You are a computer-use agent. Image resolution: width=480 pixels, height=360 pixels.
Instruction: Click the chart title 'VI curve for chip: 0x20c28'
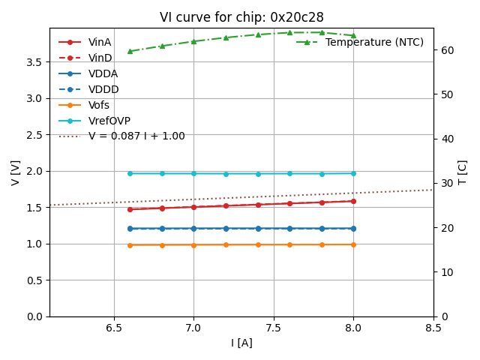[x=241, y=17]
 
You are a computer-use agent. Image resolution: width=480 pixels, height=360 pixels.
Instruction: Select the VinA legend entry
[x=100, y=42]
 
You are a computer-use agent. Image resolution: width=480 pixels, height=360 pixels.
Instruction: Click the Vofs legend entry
[x=100, y=105]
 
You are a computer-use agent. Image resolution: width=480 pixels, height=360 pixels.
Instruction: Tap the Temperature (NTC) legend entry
[x=374, y=42]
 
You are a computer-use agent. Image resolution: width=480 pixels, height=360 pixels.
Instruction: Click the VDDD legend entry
[x=103, y=89]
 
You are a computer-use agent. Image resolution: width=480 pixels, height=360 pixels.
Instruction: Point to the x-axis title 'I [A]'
[x=241, y=343]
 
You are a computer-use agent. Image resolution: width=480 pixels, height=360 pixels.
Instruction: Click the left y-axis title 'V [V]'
[x=16, y=172]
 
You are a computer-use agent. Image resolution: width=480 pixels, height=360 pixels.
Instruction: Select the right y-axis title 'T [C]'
[x=462, y=172]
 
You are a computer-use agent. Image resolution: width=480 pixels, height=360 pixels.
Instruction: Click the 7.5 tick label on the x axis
[x=273, y=328]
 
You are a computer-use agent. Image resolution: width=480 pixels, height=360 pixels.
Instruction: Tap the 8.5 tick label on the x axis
[x=433, y=328]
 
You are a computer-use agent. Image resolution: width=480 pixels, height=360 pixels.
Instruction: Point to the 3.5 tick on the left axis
[x=34, y=62]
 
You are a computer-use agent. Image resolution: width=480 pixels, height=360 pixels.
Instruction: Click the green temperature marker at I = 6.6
[x=130, y=51]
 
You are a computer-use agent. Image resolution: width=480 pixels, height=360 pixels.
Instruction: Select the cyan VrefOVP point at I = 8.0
[x=353, y=173]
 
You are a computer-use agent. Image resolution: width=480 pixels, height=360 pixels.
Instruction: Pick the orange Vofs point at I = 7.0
[x=193, y=244]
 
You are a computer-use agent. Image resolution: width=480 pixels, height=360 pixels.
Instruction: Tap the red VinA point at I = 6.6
[x=130, y=209]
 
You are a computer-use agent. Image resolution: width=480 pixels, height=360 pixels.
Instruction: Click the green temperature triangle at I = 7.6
[x=289, y=32]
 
